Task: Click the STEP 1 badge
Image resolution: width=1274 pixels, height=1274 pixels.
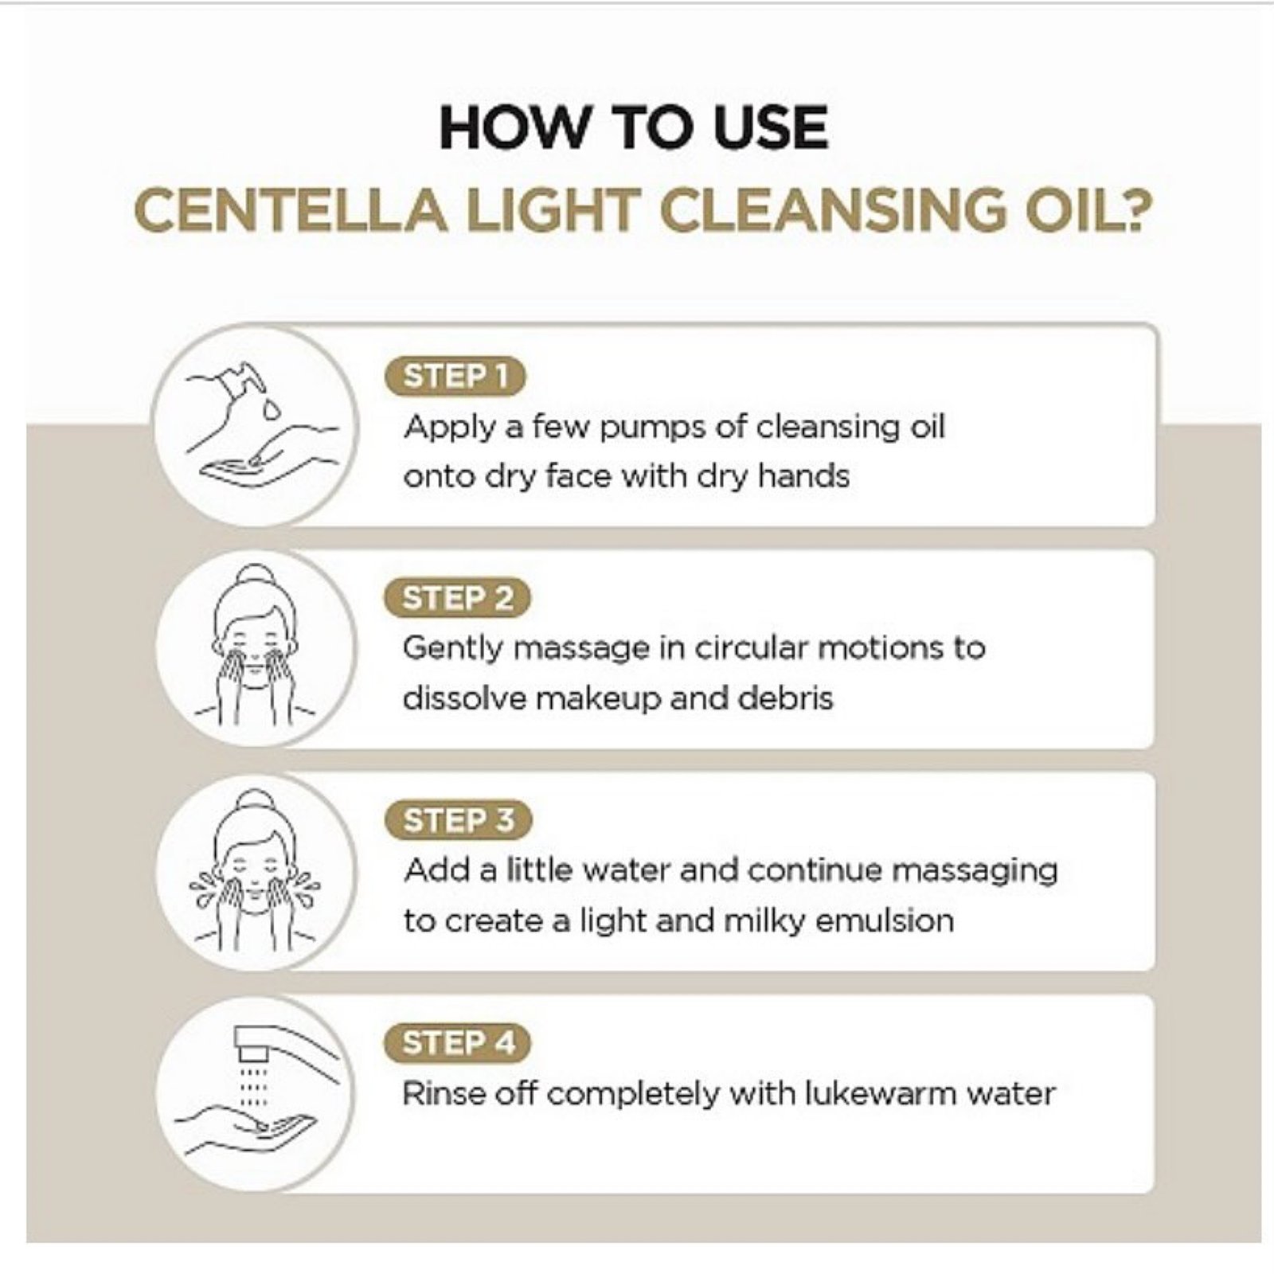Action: pos(455,377)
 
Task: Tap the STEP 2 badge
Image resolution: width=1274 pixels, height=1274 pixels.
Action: pos(456,599)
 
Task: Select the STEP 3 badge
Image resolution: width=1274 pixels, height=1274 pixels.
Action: pos(457,820)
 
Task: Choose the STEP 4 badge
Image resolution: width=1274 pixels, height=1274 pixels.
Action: pos(457,1043)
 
